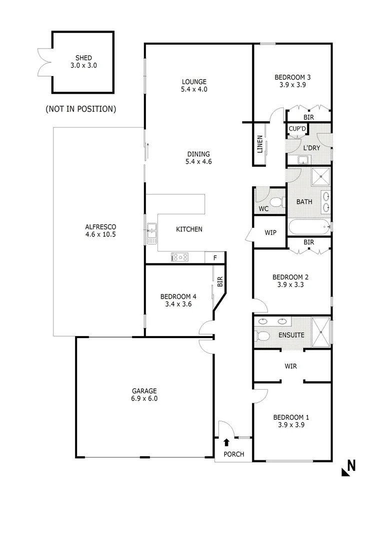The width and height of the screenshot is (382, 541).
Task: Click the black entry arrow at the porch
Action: pos(226,442)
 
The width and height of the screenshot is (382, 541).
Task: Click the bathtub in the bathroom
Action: pos(309,227)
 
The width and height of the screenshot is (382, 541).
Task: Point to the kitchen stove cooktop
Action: pos(180,257)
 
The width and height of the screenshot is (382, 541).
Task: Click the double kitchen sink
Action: pos(151,234)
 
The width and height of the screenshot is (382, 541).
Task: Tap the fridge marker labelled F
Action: pos(215,258)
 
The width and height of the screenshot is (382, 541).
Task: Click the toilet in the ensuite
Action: pos(261,335)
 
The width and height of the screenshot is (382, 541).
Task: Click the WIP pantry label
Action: pos(270,233)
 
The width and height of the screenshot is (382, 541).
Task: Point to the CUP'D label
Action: pos(297,129)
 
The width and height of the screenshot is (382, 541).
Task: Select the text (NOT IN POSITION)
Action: pos(80,109)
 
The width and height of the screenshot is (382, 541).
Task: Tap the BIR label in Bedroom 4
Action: pos(219,282)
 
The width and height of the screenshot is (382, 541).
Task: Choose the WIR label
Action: pos(290,366)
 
